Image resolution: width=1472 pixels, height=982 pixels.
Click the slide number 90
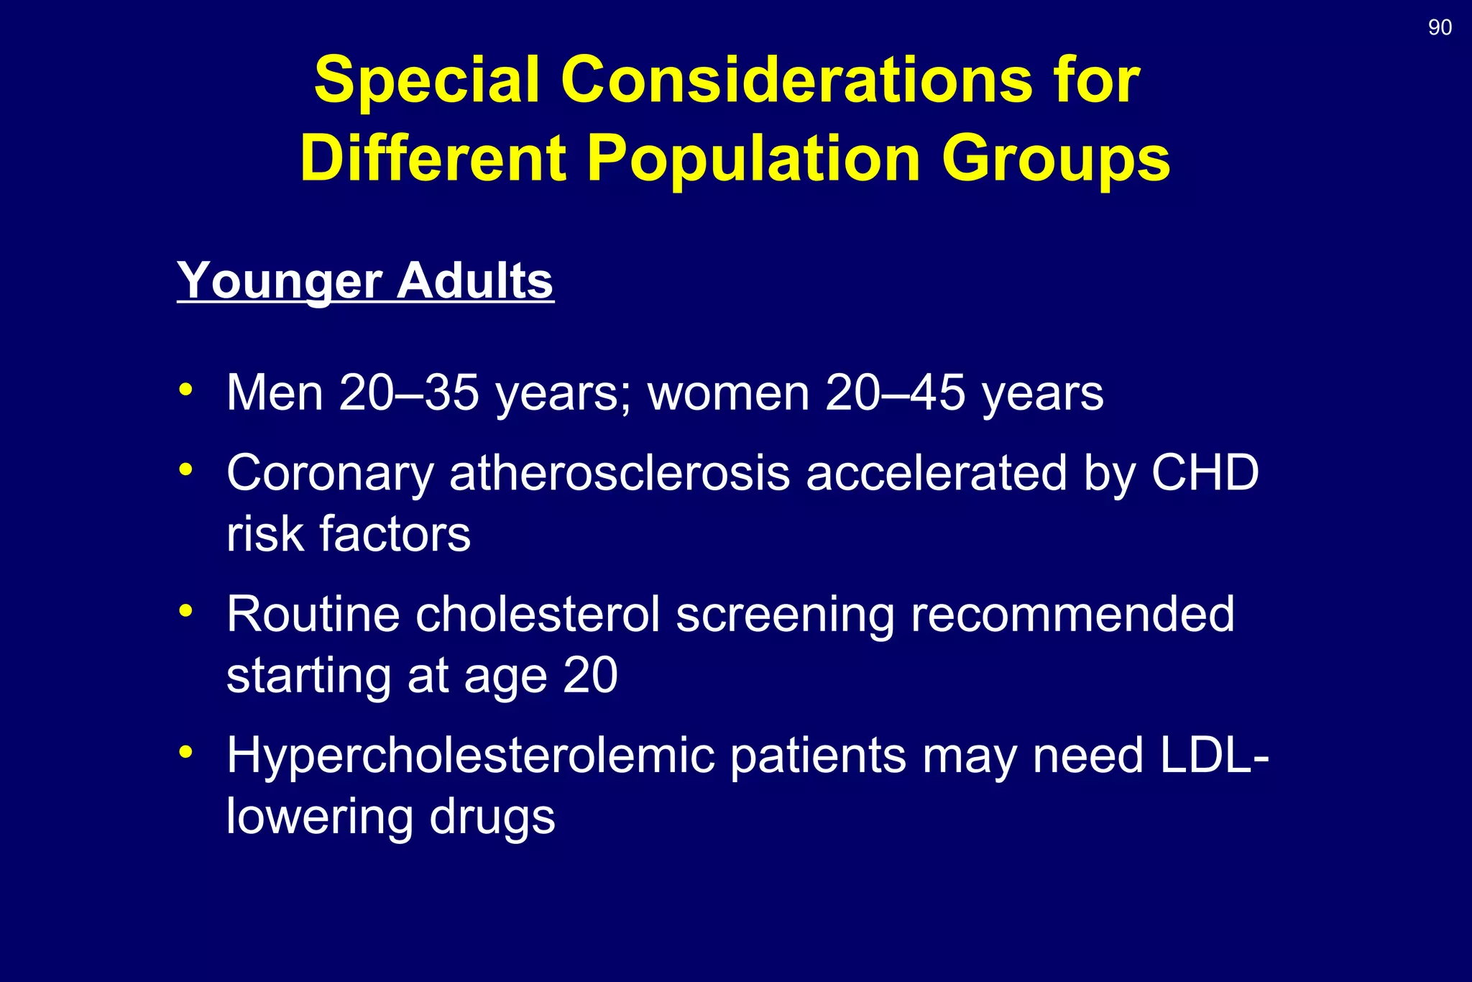coord(1440,27)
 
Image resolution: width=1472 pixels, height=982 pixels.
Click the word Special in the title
coord(427,80)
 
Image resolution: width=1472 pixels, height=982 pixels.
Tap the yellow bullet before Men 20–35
coord(186,390)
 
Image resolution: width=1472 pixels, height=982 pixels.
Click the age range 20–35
coord(408,393)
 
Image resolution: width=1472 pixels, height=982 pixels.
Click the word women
coord(728,393)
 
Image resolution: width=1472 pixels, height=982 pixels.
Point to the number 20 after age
coord(590,676)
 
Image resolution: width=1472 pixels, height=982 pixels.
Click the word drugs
coord(492,817)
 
